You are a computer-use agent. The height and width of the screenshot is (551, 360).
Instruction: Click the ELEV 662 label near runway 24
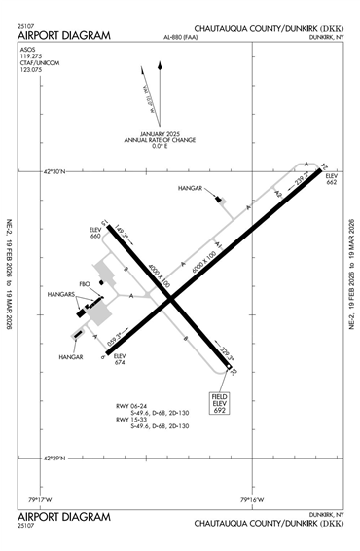(x=332, y=178)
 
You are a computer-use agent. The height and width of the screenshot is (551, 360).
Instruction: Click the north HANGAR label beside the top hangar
(x=194, y=187)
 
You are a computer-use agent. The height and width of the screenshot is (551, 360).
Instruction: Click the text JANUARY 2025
(x=166, y=133)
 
